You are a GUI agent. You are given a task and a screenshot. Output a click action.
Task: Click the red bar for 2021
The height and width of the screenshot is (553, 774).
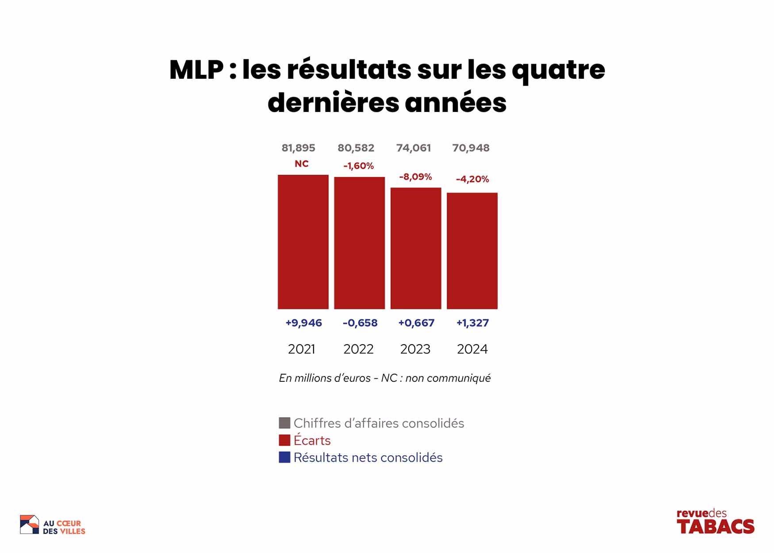[303, 242]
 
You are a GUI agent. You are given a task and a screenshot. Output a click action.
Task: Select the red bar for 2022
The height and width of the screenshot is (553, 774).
[359, 243]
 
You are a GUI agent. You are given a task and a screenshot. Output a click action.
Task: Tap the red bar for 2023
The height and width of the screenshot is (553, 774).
[416, 248]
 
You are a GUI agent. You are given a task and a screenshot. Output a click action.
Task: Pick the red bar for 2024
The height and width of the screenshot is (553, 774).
[472, 251]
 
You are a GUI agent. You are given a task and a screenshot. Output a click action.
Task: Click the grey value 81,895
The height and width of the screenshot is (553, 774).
[299, 148]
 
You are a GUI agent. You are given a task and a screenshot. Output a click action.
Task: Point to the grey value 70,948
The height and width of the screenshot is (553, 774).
[471, 148]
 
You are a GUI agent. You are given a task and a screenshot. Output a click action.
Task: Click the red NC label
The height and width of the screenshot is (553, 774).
[302, 164]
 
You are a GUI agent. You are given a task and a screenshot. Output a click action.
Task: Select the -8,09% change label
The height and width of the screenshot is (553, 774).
[415, 177]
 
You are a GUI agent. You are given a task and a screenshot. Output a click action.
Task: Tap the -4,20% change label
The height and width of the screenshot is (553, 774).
[472, 179]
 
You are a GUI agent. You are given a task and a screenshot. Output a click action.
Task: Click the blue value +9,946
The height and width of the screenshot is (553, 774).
[303, 323]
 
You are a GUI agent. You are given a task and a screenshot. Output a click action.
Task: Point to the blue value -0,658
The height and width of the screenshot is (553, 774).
[360, 323]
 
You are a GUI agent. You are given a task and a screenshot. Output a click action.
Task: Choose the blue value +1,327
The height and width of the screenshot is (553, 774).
[472, 323]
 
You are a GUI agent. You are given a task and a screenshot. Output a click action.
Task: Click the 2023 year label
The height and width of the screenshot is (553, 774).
[415, 349]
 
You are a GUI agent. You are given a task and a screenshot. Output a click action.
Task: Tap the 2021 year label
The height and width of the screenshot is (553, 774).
[302, 349]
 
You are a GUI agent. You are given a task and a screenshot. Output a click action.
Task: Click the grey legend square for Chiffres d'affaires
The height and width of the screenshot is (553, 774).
[284, 423]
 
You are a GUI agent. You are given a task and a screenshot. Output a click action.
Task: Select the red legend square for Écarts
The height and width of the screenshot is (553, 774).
[284, 440]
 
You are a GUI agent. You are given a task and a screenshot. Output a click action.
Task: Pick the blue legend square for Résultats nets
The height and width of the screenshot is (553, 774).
[284, 457]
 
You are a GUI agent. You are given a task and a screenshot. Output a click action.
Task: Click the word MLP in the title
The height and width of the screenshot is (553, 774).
[196, 70]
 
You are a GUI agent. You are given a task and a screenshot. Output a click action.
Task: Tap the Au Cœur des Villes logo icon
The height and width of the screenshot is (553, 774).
[29, 525]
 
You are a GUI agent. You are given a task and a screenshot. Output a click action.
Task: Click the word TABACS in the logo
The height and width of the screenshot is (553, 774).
[715, 526]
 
